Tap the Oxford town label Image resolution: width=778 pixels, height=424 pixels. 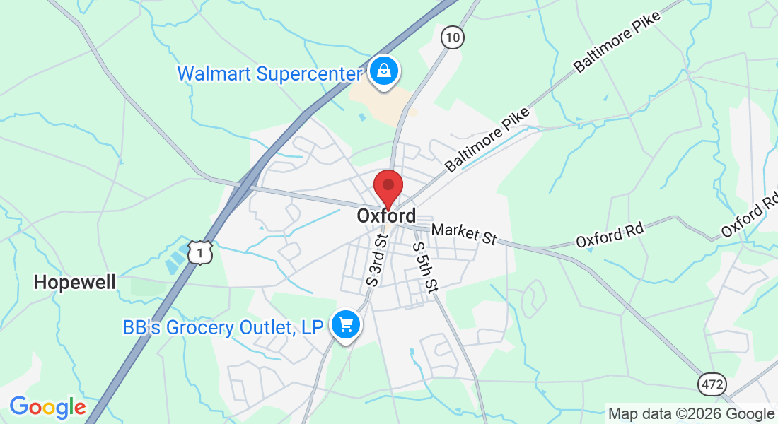pos(386,216)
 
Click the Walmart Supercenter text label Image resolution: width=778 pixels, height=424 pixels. pos(270,73)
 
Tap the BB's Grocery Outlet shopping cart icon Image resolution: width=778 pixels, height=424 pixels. pos(346,325)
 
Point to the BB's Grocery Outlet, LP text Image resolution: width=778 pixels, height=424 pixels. pos(223,327)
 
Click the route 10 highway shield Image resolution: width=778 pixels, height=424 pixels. pos(452,37)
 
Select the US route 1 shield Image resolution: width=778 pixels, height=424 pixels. pos(200,252)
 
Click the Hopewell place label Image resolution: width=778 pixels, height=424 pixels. pos(74,283)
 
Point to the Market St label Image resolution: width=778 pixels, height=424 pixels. pos(463,234)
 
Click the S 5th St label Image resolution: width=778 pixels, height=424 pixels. pos(425,267)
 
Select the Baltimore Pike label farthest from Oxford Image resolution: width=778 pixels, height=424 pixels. pos(616,42)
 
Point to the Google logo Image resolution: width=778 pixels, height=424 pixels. pos(47,407)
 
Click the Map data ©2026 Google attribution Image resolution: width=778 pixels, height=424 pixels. pos(691,414)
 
